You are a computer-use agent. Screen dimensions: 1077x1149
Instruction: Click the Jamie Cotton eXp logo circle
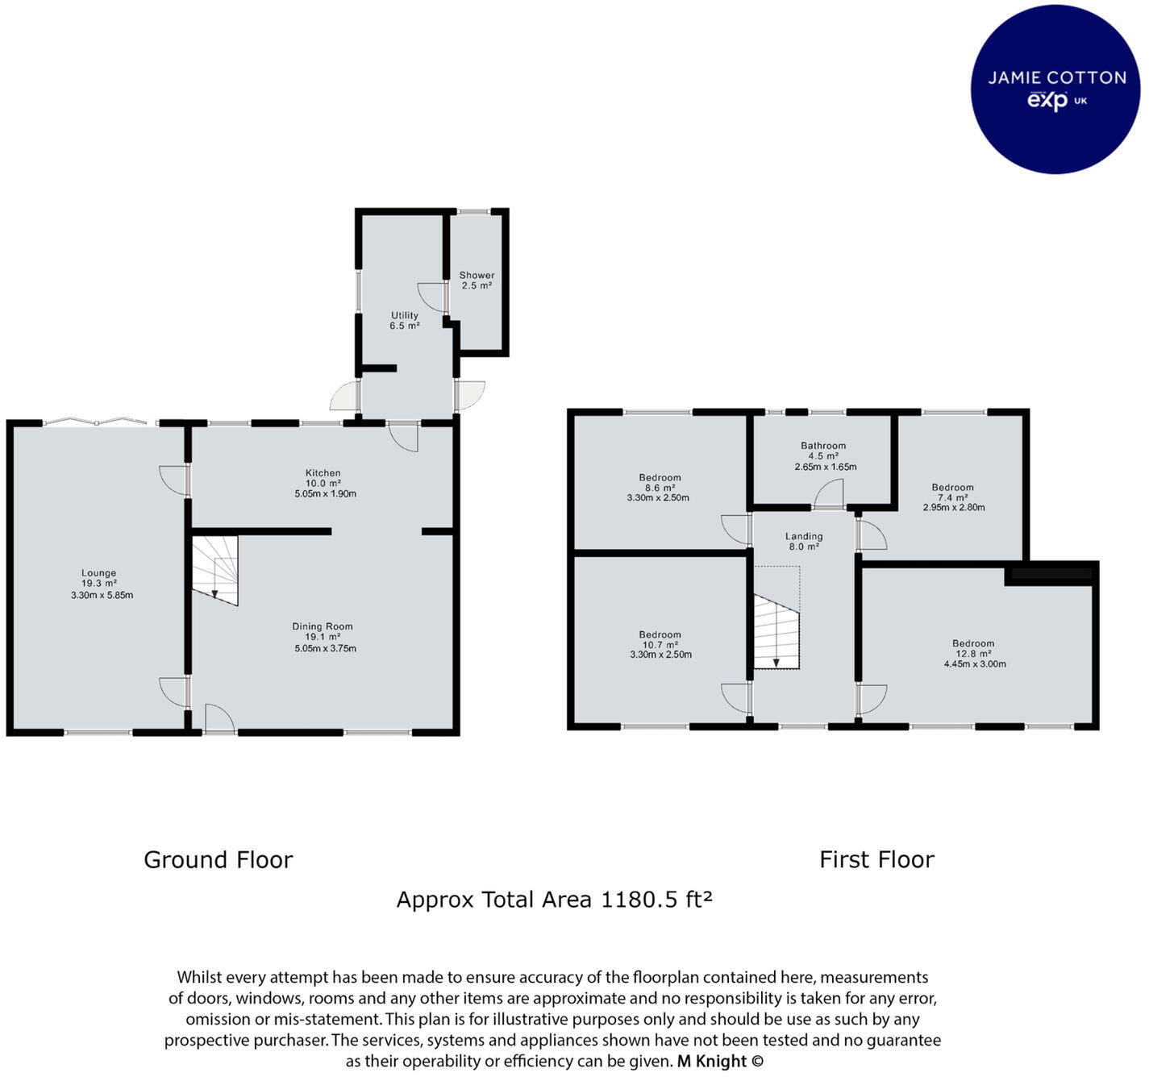(1056, 89)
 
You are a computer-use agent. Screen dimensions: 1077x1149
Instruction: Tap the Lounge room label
(99, 574)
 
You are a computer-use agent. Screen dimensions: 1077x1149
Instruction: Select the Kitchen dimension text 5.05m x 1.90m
(325, 493)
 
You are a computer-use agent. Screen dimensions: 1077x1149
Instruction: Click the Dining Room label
(323, 626)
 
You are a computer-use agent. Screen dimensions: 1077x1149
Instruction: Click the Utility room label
(405, 315)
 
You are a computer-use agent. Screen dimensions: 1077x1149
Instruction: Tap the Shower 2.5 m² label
(477, 280)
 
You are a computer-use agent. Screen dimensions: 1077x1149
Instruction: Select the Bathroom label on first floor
(823, 445)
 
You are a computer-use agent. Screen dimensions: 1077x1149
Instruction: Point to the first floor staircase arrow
(776, 661)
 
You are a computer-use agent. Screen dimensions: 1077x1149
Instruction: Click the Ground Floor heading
(218, 860)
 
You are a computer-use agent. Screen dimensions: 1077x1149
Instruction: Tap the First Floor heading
(876, 860)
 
